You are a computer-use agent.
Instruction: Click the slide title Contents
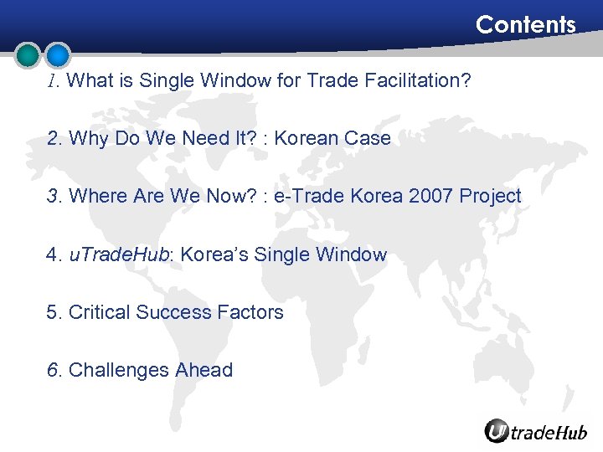pos(525,25)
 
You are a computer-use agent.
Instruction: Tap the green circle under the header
pos(28,55)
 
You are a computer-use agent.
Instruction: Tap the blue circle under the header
pos(58,55)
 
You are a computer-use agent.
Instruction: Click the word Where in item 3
pos(95,197)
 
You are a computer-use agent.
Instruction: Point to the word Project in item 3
pos(493,197)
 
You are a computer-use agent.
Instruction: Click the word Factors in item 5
pos(250,312)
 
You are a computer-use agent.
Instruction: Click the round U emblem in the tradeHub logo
pos(497,430)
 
